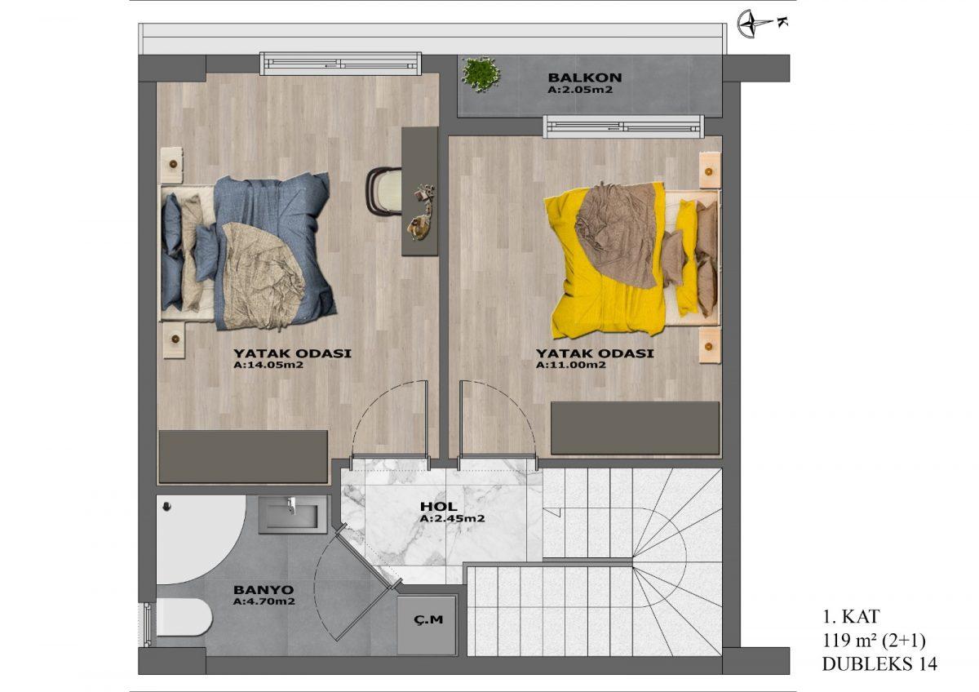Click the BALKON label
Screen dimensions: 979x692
[584, 78]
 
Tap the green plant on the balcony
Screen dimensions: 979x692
[481, 75]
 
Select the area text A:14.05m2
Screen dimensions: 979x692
[268, 365]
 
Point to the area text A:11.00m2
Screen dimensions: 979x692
[571, 365]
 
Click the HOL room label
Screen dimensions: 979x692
[438, 507]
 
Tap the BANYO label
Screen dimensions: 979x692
[264, 590]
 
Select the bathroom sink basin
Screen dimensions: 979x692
[292, 514]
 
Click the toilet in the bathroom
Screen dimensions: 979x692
[184, 617]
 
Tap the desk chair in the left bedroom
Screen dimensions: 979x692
[384, 192]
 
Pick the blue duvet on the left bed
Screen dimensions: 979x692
[273, 250]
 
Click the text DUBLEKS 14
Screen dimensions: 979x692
[879, 664]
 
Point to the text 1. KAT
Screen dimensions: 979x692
[850, 617]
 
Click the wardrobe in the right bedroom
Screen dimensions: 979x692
[635, 428]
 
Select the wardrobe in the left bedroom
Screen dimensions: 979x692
[243, 457]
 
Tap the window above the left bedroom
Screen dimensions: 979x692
[340, 64]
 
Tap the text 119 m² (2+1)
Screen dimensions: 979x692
[874, 641]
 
